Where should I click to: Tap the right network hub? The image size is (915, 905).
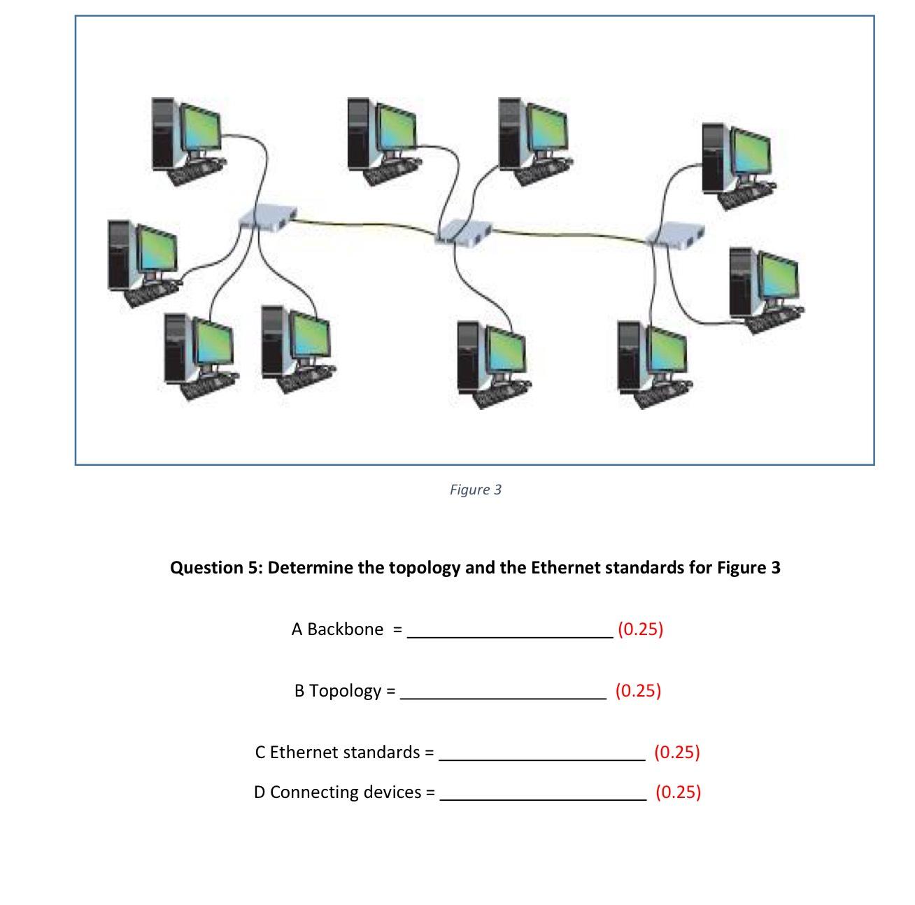[x=674, y=235]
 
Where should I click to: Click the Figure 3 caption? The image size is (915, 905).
[x=475, y=490]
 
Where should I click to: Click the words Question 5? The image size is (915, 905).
[x=216, y=567]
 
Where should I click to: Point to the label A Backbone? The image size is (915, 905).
[x=337, y=629]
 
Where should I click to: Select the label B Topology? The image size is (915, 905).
[x=338, y=691]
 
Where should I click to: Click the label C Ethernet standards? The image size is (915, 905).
[x=337, y=753]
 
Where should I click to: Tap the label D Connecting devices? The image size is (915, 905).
[x=338, y=792]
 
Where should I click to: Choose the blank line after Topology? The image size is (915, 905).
[x=503, y=697]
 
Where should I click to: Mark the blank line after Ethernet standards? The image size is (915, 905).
[x=542, y=758]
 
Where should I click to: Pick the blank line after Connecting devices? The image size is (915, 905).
[x=543, y=798]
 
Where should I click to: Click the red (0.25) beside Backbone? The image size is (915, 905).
[x=640, y=629]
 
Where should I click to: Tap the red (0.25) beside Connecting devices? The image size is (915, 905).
[x=678, y=792]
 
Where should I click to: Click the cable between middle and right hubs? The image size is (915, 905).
[x=570, y=234]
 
